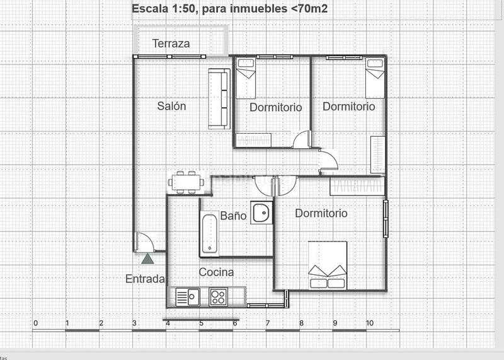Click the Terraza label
(171, 44)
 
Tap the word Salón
(171, 106)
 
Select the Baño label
(233, 216)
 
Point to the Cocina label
(216, 272)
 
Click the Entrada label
(145, 279)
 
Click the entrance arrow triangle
(147, 257)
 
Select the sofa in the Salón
(219, 98)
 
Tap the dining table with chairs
(186, 182)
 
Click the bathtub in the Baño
(210, 234)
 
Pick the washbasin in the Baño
(261, 213)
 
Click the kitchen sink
(187, 296)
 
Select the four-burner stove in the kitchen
(218, 296)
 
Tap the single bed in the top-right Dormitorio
(375, 69)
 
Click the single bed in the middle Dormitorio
(245, 69)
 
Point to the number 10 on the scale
(370, 323)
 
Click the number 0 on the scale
(35, 323)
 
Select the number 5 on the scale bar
(202, 323)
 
